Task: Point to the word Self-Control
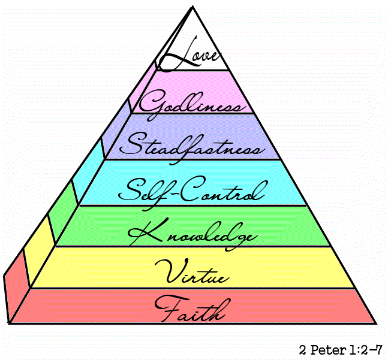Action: (192, 191)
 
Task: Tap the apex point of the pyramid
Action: (193, 7)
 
